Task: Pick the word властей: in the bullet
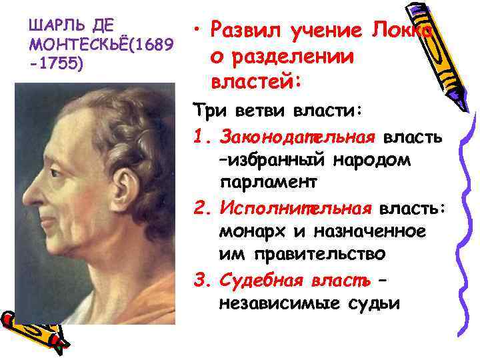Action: tap(257, 82)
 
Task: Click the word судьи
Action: tap(375, 303)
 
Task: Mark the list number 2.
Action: tap(202, 208)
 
